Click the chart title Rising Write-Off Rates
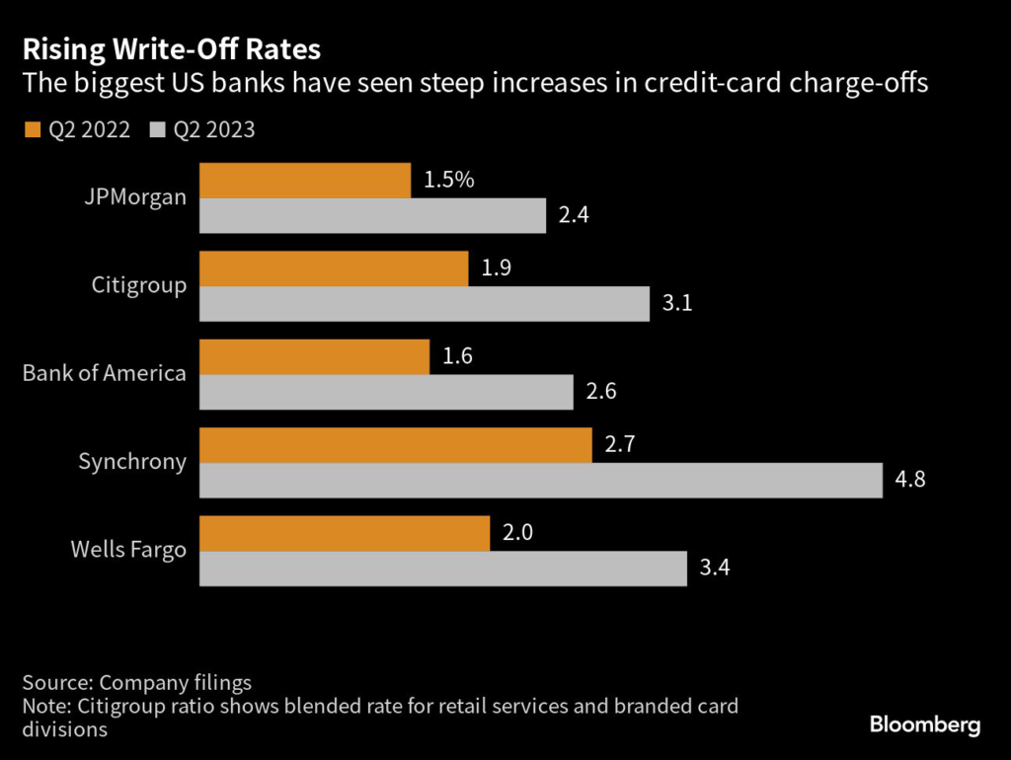(172, 48)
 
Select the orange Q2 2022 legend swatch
(32, 130)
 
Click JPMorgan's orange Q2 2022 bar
(305, 181)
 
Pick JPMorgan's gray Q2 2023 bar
(373, 216)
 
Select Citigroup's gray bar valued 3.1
(425, 304)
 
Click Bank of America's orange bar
(315, 357)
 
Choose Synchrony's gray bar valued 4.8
(541, 481)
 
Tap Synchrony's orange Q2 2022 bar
(396, 445)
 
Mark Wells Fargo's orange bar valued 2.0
(345, 534)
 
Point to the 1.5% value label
(450, 181)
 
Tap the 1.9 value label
(496, 268)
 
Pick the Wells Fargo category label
(128, 551)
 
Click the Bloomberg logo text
(925, 725)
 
